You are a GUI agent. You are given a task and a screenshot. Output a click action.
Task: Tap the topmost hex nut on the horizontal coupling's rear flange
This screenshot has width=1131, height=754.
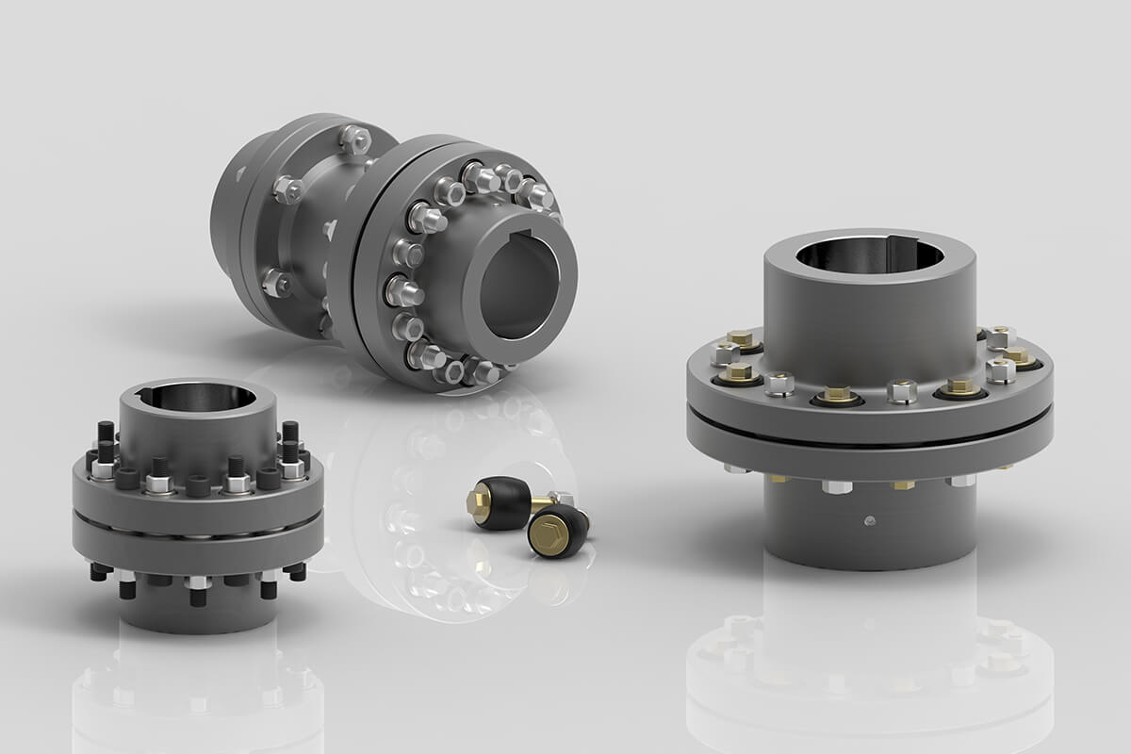(x=354, y=139)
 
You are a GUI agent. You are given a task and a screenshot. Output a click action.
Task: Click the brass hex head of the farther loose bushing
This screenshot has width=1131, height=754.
(x=484, y=492)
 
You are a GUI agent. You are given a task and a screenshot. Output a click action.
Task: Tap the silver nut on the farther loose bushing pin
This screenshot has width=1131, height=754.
(x=563, y=499)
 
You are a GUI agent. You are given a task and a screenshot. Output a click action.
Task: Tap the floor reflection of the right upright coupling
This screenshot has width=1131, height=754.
(x=867, y=660)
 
